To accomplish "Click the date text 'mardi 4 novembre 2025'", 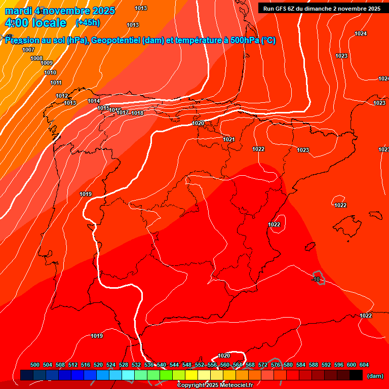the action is (60, 11).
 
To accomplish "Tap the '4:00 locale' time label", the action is (35, 23).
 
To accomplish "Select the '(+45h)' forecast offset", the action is (88, 23).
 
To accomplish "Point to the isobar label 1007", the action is (28, 50).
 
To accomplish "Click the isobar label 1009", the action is (47, 63).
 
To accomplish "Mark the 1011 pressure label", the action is (56, 83).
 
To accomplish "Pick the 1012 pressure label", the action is (62, 96).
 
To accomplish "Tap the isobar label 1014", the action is (94, 101).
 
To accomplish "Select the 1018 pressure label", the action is (137, 113).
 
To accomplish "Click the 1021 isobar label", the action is (229, 139).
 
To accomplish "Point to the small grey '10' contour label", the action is (317, 279).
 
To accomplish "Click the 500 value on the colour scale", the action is (35, 365).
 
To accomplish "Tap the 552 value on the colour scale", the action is (200, 365).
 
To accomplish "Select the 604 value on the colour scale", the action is (364, 365).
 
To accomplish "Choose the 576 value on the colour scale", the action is (276, 365).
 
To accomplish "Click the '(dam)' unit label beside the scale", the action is (375, 376).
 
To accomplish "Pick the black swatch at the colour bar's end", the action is (356, 375).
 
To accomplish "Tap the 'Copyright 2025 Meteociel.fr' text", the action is (215, 385).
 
